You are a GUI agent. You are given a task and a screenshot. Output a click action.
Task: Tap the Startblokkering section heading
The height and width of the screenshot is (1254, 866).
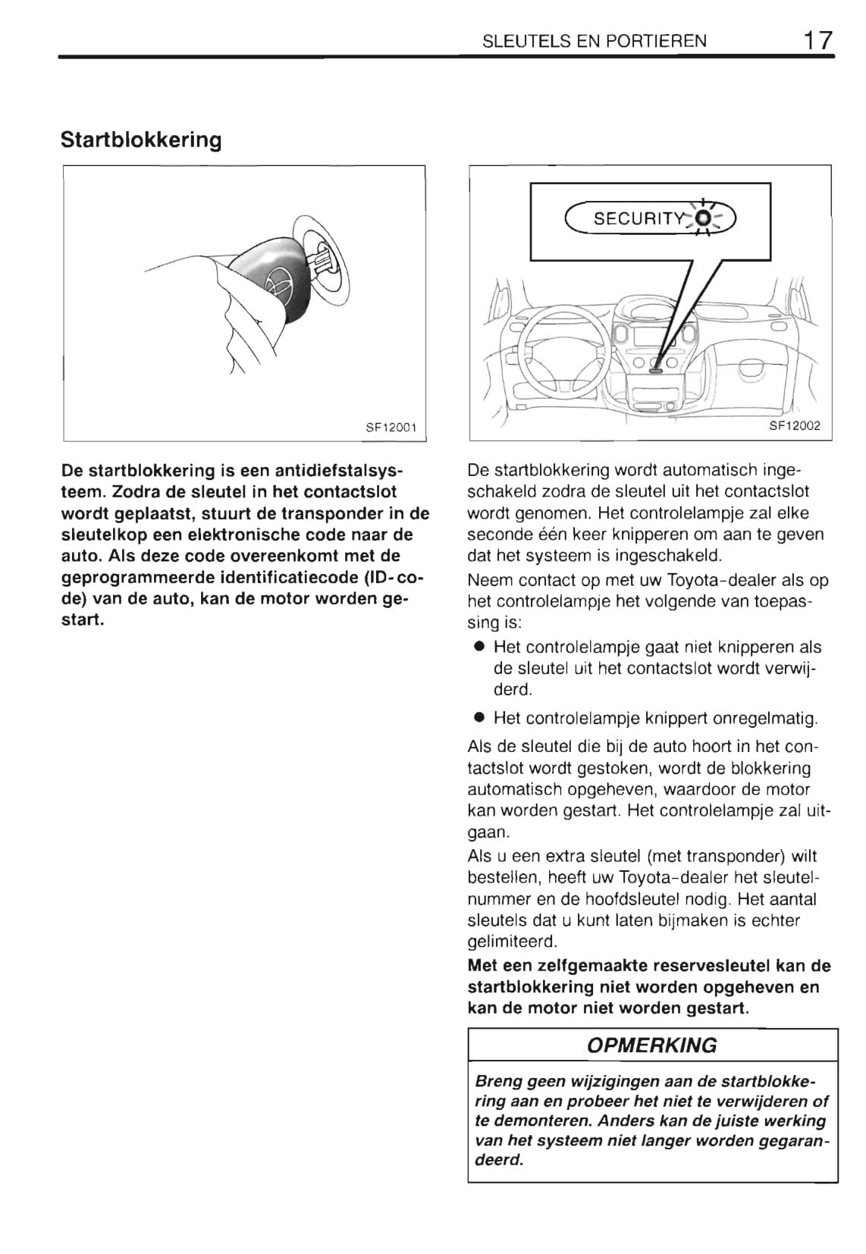click(141, 140)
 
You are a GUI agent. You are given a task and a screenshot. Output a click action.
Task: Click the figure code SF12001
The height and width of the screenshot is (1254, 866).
click(391, 428)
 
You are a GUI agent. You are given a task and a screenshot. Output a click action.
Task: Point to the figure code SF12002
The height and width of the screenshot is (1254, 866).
click(795, 426)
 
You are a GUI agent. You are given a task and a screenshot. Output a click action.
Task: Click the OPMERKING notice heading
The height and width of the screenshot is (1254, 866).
click(652, 1046)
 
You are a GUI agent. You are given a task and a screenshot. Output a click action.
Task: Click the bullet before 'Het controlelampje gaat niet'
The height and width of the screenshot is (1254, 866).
click(479, 647)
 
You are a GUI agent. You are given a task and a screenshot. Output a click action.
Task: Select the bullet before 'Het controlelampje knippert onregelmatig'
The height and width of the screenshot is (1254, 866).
click(479, 717)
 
